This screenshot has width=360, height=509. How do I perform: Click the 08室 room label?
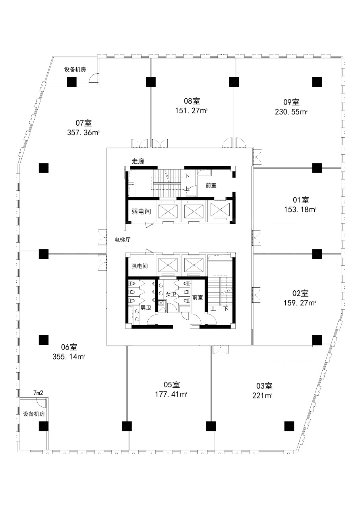click(x=192, y=101)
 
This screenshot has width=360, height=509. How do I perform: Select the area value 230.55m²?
click(x=291, y=112)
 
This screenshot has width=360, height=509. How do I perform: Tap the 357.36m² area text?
click(x=83, y=133)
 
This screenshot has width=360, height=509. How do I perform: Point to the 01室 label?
click(x=301, y=200)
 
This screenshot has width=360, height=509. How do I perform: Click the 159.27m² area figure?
click(x=300, y=303)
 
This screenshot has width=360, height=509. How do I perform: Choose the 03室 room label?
click(x=264, y=386)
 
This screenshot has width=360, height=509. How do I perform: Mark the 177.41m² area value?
click(x=171, y=394)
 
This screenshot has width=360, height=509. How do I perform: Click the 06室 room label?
click(x=69, y=347)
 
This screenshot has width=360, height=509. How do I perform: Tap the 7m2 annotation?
click(x=38, y=392)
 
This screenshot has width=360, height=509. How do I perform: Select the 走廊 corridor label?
click(x=138, y=161)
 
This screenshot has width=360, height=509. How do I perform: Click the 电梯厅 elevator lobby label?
click(x=122, y=239)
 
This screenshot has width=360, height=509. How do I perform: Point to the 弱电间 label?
click(x=141, y=212)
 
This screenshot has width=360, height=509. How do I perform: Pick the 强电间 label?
click(x=139, y=266)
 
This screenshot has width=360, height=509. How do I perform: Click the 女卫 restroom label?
click(x=171, y=294)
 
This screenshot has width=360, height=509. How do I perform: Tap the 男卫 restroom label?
click(x=146, y=308)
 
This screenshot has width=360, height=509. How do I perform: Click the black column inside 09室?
click(x=317, y=82)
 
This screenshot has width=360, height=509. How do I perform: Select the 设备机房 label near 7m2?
click(x=34, y=414)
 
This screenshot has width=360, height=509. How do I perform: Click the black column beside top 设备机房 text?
click(x=72, y=82)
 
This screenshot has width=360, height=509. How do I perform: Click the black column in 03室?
click(x=289, y=426)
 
